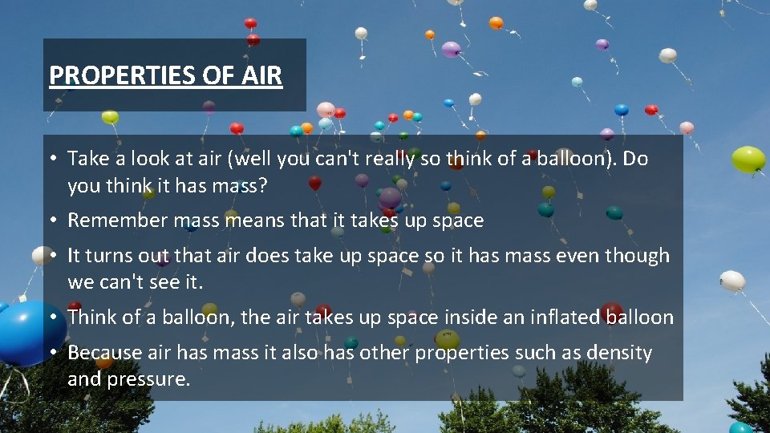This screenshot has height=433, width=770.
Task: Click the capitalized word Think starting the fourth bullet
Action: (92, 317)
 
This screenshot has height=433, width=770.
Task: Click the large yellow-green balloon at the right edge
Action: (748, 159)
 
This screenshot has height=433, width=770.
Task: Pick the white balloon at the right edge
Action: (732, 281)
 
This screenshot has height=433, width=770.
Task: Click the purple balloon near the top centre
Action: (451, 49)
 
